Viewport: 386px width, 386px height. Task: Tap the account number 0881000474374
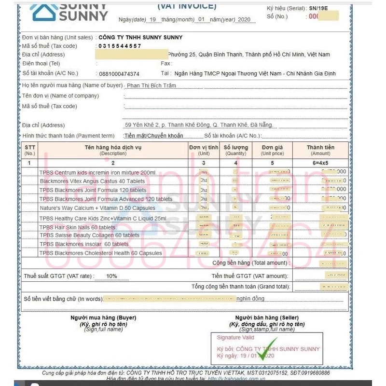[x=119, y=74]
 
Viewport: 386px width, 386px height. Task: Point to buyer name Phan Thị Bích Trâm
[x=151, y=85]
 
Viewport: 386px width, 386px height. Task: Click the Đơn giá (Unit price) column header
[x=272, y=150]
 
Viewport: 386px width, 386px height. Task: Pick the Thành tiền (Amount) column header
[x=320, y=150]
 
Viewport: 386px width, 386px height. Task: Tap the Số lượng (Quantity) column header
[x=236, y=150]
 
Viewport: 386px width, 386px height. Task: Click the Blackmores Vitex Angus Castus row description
[x=92, y=181]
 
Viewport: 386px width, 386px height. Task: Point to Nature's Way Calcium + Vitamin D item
[x=91, y=208]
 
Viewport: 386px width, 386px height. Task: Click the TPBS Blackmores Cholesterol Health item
[x=100, y=253]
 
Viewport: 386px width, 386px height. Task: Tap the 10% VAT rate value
[x=111, y=276]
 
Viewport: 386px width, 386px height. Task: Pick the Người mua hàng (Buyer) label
[x=103, y=317]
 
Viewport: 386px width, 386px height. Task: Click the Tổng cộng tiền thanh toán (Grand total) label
[x=241, y=287]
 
